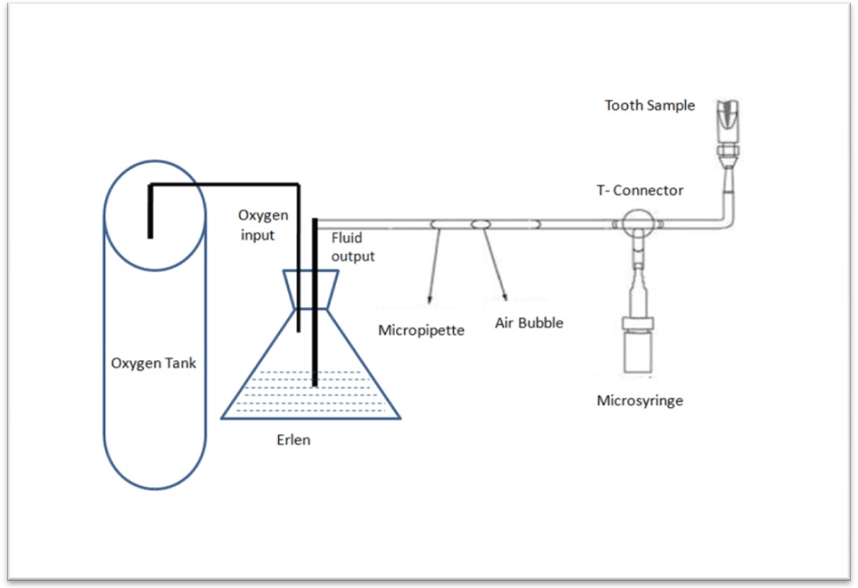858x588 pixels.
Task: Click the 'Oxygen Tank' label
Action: (x=152, y=364)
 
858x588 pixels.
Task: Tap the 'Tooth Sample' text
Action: (x=649, y=105)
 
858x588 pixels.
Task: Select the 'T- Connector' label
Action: (x=639, y=190)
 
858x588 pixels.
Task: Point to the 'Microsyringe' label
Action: (x=639, y=400)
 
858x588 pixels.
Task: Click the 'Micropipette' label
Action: (x=421, y=330)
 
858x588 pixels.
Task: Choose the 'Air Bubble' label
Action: (x=528, y=322)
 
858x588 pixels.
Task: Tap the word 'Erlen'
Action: (x=294, y=442)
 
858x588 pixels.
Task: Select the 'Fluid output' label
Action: (x=352, y=248)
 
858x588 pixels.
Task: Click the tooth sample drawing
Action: (x=727, y=117)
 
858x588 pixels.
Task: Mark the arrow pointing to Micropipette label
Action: (x=434, y=267)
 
